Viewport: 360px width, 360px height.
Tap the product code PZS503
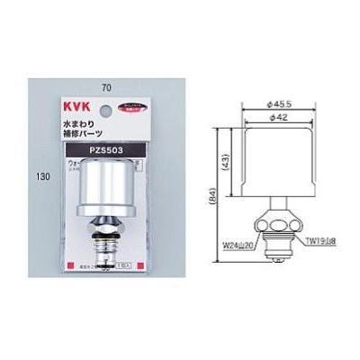105,148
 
